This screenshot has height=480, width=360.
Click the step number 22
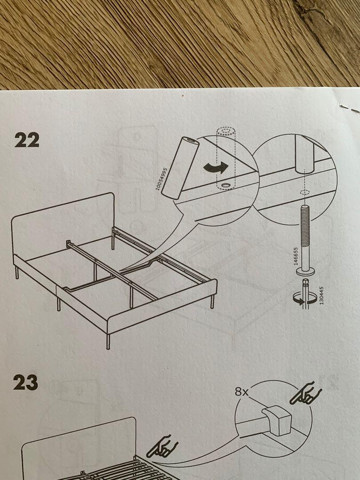pos(27,140)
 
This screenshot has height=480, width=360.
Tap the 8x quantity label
pos(242,392)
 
